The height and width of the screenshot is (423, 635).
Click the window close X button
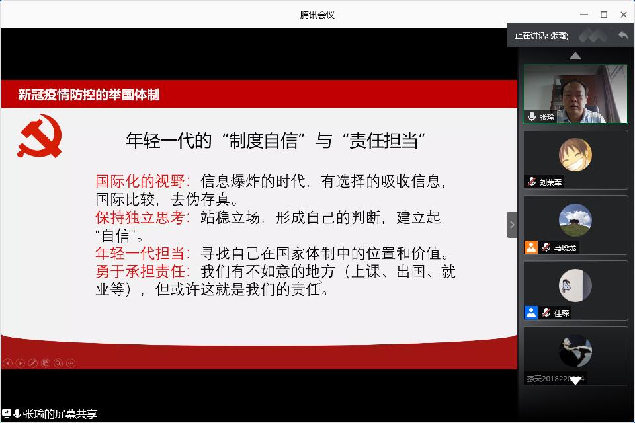click(624, 15)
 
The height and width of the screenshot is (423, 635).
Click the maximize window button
click(604, 15)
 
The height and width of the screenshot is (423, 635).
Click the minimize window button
click(584, 15)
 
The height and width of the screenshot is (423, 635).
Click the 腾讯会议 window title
click(317, 15)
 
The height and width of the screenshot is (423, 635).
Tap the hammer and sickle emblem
click(40, 136)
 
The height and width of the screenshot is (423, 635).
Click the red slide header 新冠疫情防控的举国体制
click(89, 95)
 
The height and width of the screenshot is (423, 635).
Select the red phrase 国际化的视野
click(140, 181)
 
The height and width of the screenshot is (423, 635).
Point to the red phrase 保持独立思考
click(140, 217)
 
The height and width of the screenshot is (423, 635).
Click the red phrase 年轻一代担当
click(140, 253)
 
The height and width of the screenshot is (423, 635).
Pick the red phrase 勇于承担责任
click(140, 271)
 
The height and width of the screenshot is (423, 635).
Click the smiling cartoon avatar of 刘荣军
click(575, 155)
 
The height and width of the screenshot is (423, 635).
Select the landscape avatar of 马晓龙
click(575, 220)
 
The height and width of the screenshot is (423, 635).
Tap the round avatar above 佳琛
click(575, 286)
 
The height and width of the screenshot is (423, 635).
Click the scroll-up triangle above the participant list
click(575, 56)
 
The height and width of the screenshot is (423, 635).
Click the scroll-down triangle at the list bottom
click(575, 381)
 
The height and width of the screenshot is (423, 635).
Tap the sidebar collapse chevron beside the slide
click(512, 225)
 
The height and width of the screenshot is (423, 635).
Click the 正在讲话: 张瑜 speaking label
click(541, 36)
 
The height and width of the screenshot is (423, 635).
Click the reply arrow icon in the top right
click(623, 36)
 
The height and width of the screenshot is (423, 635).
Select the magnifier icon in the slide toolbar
click(58, 363)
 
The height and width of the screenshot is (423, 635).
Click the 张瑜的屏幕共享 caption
click(60, 414)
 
